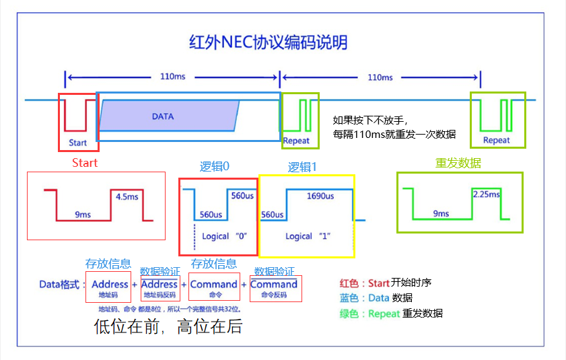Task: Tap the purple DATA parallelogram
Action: tap(168, 116)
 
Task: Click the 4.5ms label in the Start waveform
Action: tap(127, 197)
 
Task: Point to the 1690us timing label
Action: tap(320, 196)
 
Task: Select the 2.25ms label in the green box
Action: tap(487, 194)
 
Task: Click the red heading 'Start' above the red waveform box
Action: tap(85, 163)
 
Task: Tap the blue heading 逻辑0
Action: tap(215, 167)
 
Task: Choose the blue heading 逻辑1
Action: tap(303, 167)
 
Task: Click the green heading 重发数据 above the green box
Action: tap(458, 164)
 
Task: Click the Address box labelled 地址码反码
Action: tap(160, 289)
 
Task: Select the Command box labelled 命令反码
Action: tap(274, 289)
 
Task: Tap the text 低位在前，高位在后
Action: tap(168, 327)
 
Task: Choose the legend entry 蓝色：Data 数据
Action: tap(376, 298)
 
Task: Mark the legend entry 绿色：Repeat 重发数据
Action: tap(391, 314)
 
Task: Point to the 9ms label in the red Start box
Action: tap(83, 215)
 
